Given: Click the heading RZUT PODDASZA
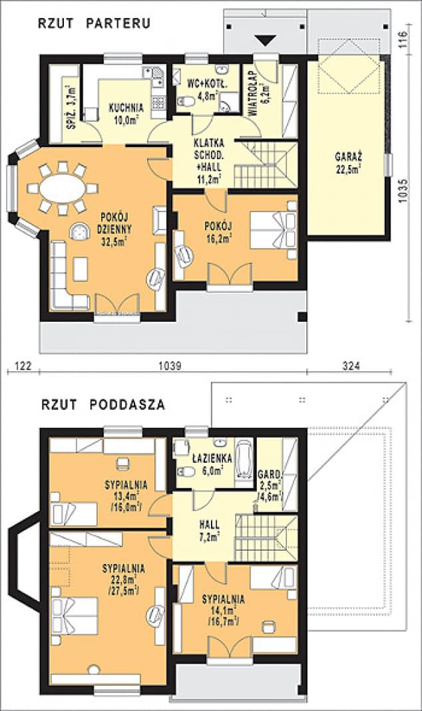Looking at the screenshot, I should pos(103,404).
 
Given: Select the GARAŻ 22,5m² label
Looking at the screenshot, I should pos(349,163).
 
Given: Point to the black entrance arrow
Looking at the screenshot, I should pos(266,41).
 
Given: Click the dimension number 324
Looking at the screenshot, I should pos(339,366).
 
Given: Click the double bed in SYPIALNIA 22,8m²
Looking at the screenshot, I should pos(74,615).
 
